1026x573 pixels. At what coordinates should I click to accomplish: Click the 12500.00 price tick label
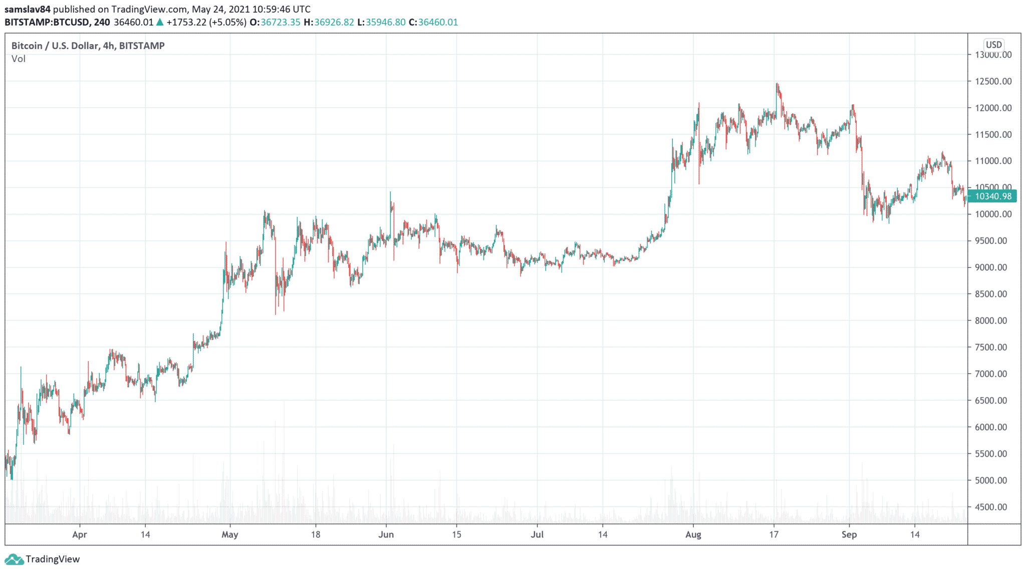tap(993, 81)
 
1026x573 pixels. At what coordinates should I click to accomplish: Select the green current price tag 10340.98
tap(992, 196)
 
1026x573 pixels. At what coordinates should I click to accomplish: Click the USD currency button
tap(993, 45)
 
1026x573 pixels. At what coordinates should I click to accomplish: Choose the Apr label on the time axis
tap(80, 534)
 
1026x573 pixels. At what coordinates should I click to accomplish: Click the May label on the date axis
tap(230, 534)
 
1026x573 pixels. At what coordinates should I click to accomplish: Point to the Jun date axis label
tap(386, 534)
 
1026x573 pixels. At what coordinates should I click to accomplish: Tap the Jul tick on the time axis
tap(537, 534)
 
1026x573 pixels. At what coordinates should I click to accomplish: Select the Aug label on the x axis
tap(693, 534)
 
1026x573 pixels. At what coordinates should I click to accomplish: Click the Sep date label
tap(849, 534)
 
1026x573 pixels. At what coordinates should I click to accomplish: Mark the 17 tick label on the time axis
tap(774, 534)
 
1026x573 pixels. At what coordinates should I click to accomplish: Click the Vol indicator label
tap(19, 59)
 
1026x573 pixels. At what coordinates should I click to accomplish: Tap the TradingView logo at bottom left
tap(42, 559)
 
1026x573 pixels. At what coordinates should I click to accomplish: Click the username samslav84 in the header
tap(28, 9)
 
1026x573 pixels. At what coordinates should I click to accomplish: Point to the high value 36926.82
tap(334, 22)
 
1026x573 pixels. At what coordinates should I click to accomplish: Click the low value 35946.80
tap(386, 22)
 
